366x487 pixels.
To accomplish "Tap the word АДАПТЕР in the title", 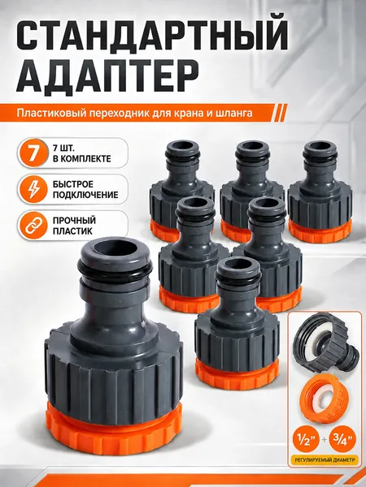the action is point(107,75).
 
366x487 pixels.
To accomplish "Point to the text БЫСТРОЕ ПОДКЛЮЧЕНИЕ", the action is point(85,189).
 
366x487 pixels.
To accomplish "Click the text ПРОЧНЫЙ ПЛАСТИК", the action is point(74,226).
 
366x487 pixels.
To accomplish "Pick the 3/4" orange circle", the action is point(342,439).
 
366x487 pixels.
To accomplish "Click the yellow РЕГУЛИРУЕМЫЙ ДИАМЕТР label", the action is point(324,460).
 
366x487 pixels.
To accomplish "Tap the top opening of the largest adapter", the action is point(114,248).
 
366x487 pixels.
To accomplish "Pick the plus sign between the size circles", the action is point(324,440).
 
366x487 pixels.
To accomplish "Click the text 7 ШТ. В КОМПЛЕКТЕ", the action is point(81,153).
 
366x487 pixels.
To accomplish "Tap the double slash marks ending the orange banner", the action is point(280,113).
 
